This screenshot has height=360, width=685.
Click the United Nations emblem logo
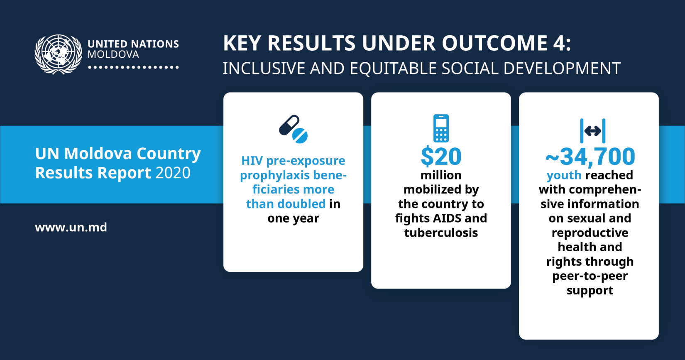coord(58,54)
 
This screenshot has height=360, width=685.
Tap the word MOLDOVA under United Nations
coord(113,54)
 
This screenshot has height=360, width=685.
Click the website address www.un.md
coord(71,227)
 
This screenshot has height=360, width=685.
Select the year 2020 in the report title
coord(173,173)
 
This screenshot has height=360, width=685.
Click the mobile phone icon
coord(441,128)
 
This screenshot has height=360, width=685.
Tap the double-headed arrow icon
coord(593,131)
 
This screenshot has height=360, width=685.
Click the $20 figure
coord(441,156)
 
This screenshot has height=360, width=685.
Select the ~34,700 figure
coord(590,156)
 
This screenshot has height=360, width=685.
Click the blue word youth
coord(564,175)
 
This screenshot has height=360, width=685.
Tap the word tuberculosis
coord(441,233)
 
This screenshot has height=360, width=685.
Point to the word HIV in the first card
coord(252,161)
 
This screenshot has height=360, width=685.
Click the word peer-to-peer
coord(590,276)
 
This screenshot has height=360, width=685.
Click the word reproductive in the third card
coord(590,233)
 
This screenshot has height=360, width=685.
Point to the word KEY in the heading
coord(242,43)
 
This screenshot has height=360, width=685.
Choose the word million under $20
coord(441,175)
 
